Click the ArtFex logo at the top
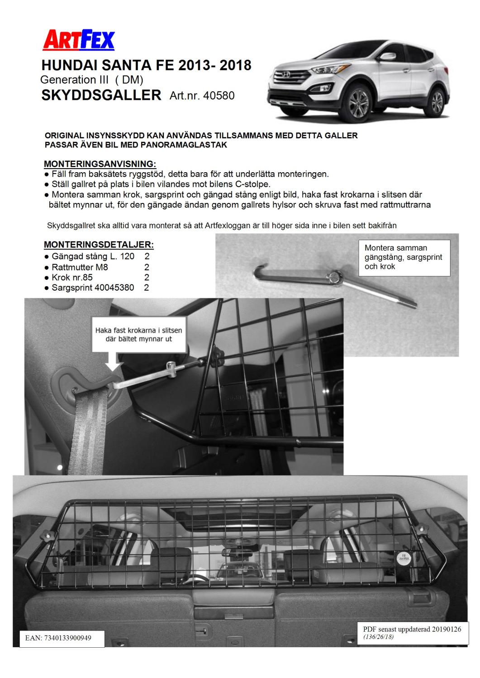[78, 41]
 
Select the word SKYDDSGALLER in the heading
[101, 95]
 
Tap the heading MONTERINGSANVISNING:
[100, 164]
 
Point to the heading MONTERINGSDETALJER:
[99, 245]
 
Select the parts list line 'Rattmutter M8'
[80, 267]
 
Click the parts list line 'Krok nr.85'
[72, 277]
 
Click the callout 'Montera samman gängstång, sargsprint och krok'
[406, 257]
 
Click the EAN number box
[62, 638]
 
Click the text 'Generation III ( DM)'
[92, 80]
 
